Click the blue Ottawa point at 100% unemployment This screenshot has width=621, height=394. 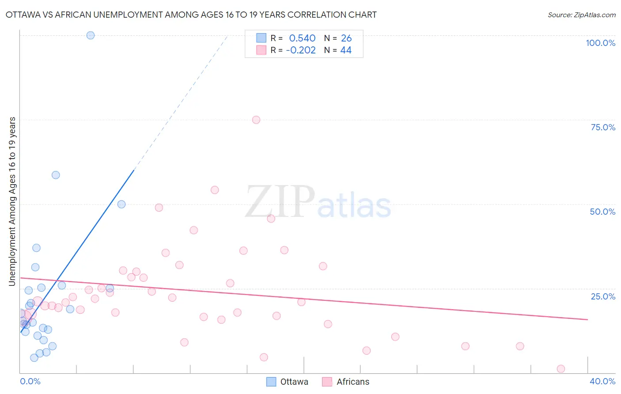point(91,35)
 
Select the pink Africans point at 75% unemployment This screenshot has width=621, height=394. point(256,120)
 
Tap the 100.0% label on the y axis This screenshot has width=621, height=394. point(600,43)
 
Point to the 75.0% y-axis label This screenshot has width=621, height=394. point(603,127)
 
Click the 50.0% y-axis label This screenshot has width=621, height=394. point(602,212)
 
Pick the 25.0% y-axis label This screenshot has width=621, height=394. point(603,296)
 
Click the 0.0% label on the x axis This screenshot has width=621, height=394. point(30,381)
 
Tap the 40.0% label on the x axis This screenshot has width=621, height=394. point(602,381)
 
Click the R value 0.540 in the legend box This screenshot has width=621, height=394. point(302,38)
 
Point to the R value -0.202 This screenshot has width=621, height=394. point(301,50)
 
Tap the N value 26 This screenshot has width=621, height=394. point(346,38)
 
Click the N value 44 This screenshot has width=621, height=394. point(346,50)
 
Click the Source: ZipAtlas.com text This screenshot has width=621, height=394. point(581,15)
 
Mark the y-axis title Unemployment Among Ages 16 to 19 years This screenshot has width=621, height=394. point(12,201)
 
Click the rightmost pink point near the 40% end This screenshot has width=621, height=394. point(561,369)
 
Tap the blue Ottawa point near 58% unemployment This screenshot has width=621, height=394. point(56,175)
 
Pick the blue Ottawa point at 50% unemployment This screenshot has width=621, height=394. point(121,205)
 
